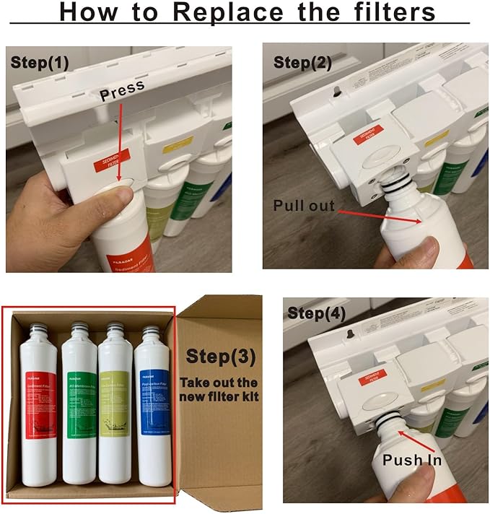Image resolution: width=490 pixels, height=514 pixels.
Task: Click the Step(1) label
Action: coord(40,62)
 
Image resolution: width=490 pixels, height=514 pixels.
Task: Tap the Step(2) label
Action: coord(302,62)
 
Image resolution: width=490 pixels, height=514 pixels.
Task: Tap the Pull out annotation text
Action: coord(304,206)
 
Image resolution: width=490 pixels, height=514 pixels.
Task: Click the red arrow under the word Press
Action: coord(118,141)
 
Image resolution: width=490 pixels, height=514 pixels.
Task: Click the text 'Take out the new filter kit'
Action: coord(220,390)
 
